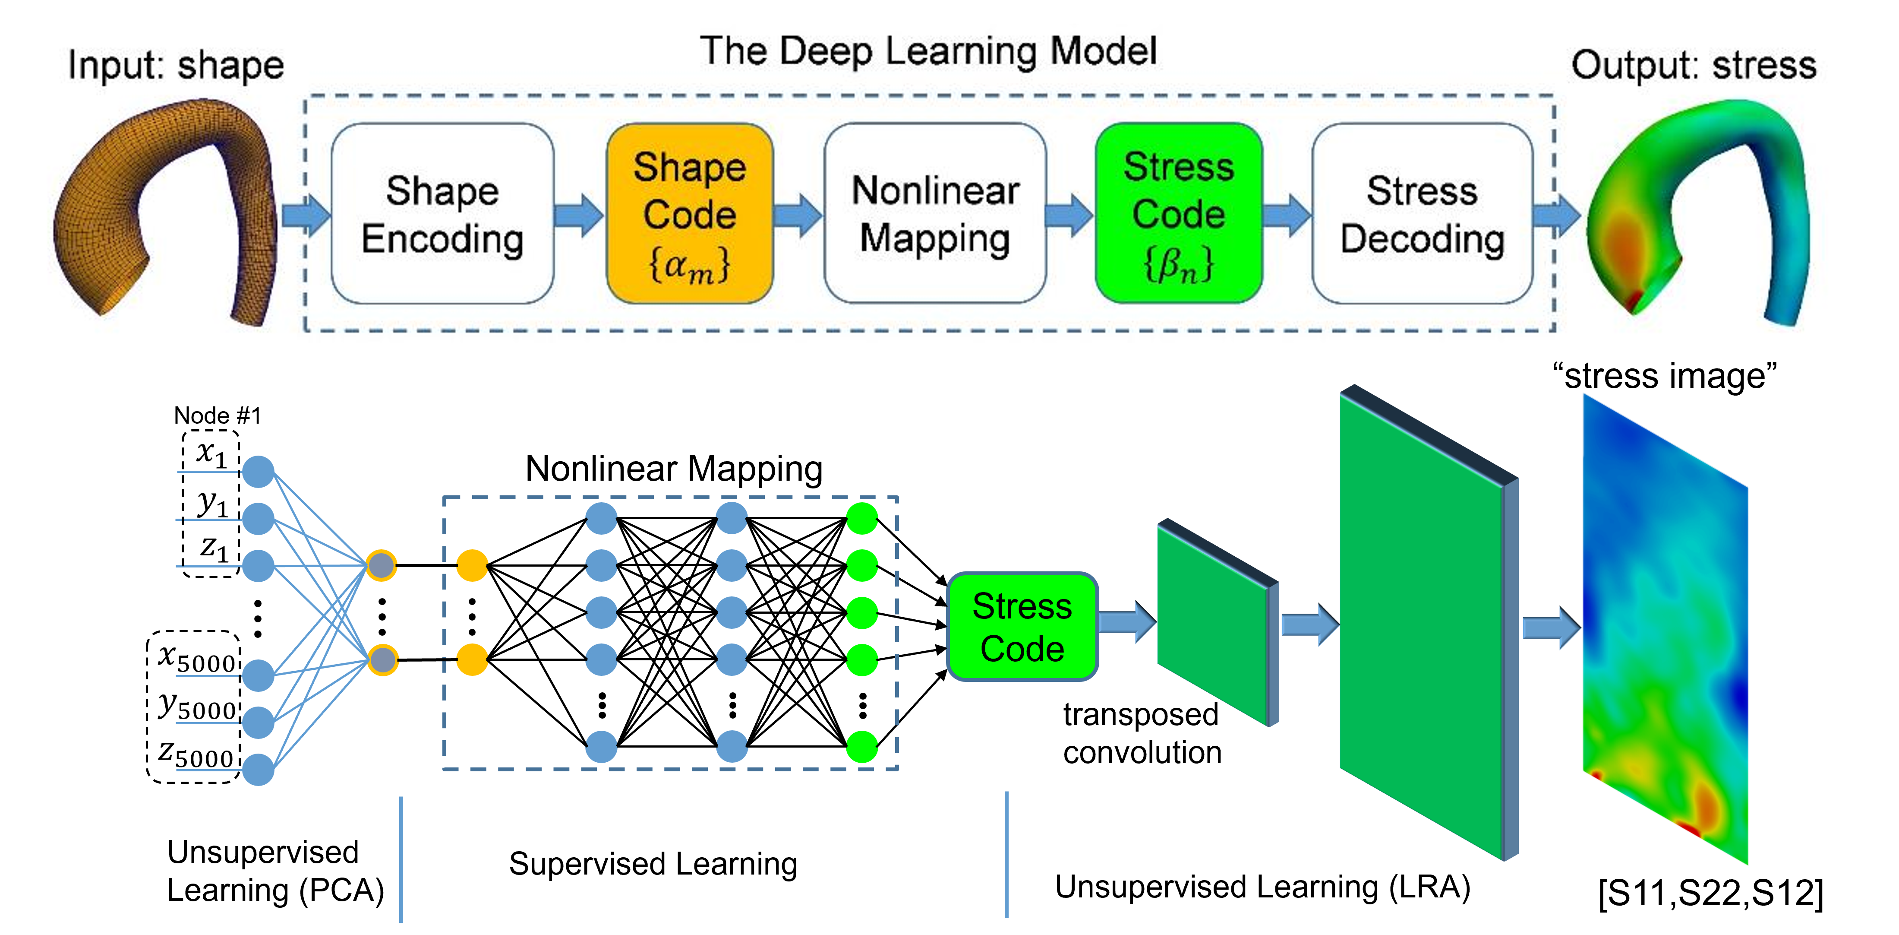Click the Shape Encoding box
tap(442, 214)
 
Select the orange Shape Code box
tap(689, 214)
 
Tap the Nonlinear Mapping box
tap(935, 214)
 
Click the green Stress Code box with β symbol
tap(1178, 214)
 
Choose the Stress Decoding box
tap(1422, 214)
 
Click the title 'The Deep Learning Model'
tap(928, 52)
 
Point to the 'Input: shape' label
tap(176, 65)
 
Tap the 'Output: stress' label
tap(1693, 65)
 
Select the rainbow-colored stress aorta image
tap(1696, 214)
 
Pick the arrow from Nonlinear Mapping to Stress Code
tap(1069, 216)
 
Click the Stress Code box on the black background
tap(1022, 627)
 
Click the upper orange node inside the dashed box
tap(472, 566)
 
